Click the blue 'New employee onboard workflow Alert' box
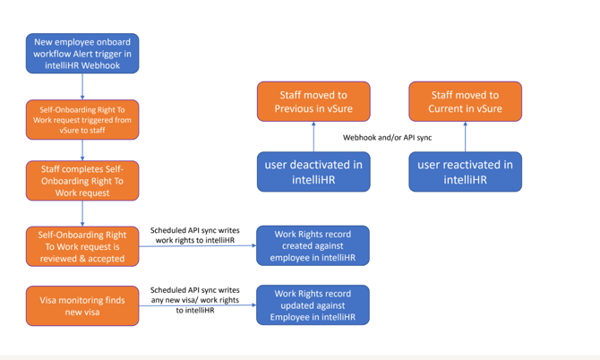point(82,53)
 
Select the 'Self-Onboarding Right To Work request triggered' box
point(82,119)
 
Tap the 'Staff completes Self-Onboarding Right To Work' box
point(82,180)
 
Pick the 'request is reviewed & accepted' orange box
point(82,245)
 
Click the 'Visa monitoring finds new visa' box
point(82,305)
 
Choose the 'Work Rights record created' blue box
point(313,245)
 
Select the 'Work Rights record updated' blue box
point(313,305)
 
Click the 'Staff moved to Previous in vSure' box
point(313,101)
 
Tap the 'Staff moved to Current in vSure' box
point(465,101)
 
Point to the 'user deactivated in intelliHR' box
point(313,171)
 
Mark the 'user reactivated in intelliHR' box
point(465,171)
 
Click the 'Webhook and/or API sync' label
point(389,137)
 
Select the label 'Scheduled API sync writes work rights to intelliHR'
point(194,235)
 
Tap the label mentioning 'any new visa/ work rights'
point(194,300)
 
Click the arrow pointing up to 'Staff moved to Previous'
point(313,136)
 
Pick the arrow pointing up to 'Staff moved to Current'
point(465,136)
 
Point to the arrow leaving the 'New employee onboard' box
point(82,86)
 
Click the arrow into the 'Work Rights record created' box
point(197,246)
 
